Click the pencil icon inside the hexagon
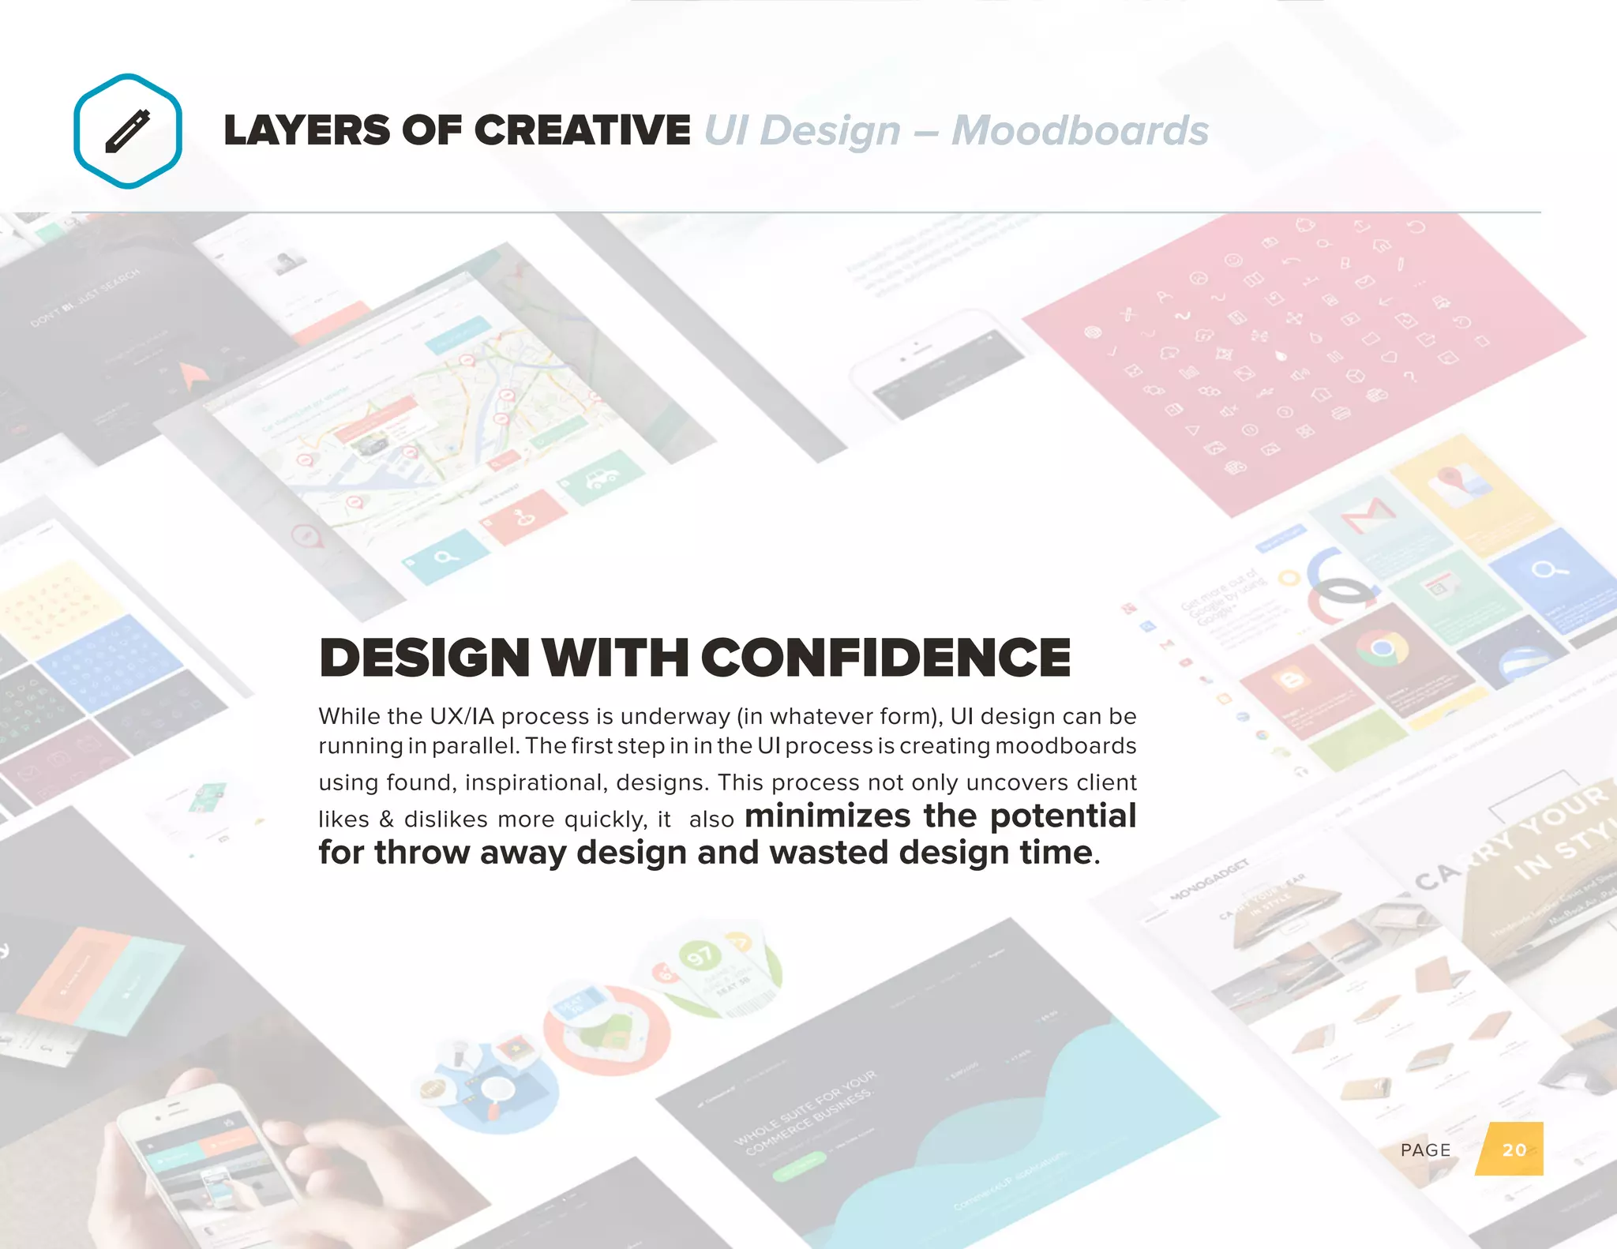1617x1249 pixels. [127, 131]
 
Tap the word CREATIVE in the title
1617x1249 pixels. [583, 130]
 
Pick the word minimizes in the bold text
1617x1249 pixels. [827, 816]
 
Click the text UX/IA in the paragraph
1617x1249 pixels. [461, 716]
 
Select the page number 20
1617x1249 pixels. [1514, 1150]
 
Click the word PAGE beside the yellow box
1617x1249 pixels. [1425, 1150]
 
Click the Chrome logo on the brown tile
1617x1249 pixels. [1382, 649]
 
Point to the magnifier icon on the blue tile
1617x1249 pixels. [1549, 569]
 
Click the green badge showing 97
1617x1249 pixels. [700, 957]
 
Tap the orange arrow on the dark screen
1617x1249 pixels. [192, 375]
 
